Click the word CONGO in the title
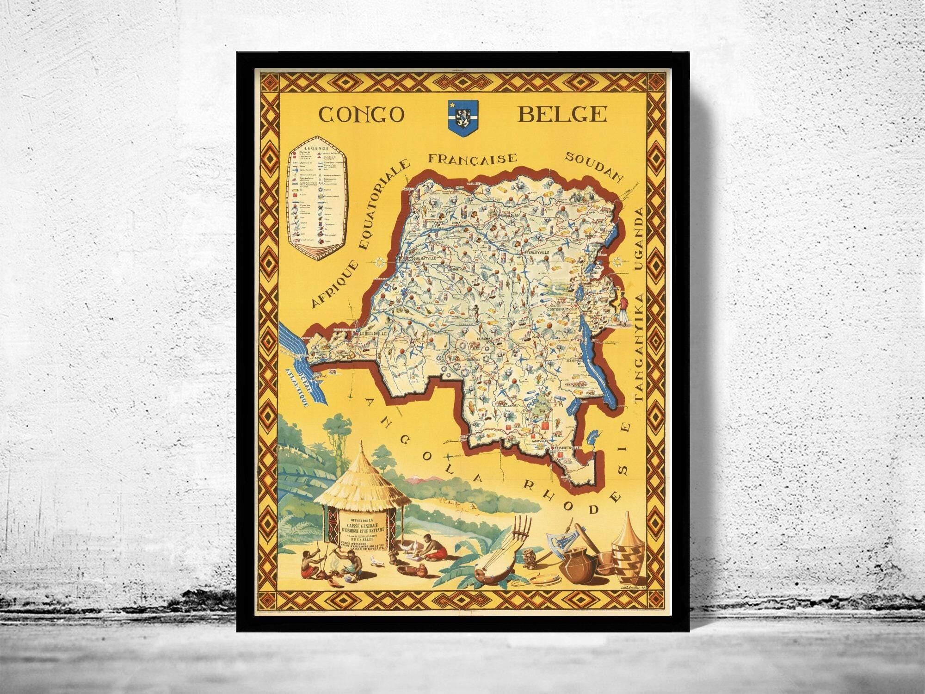pos(362,114)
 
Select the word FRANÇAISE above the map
pos(472,159)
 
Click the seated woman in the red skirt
pos(434,545)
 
